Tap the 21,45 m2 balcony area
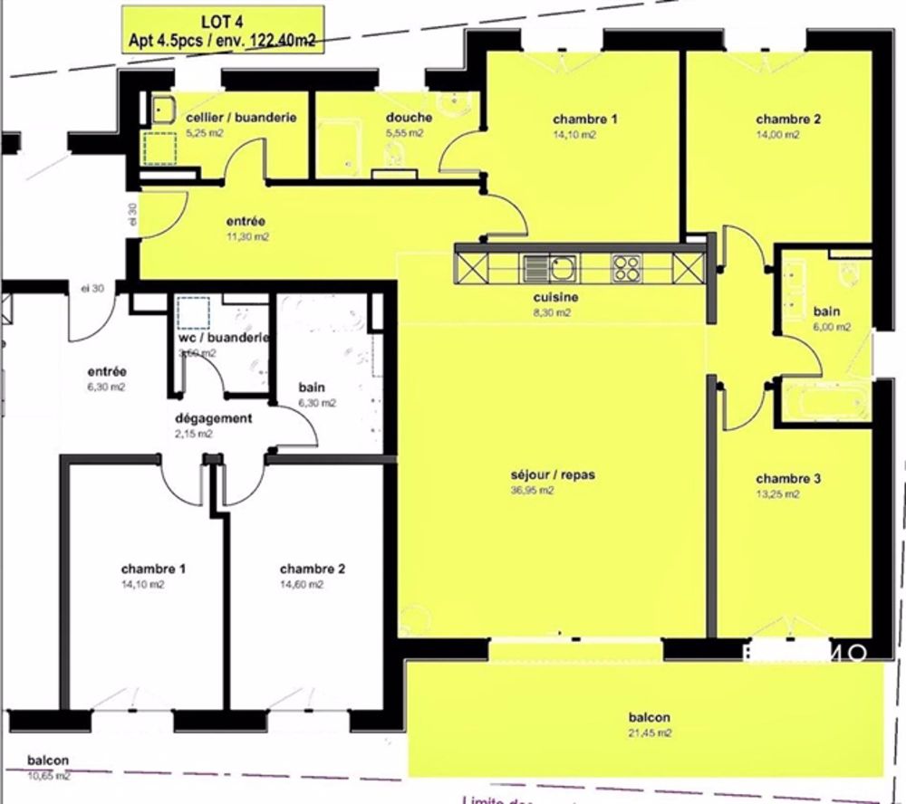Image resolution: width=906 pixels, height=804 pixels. pos(651,732)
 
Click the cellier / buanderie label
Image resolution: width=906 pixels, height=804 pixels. pos(241,118)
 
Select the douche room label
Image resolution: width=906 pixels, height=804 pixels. pos(409,118)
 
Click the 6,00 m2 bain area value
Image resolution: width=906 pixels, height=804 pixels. pos(826,328)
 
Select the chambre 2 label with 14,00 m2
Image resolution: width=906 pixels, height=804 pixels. pos(788,119)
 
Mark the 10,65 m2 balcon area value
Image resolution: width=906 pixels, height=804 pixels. pos(48,776)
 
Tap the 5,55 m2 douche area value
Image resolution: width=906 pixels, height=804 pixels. pos(404,133)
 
